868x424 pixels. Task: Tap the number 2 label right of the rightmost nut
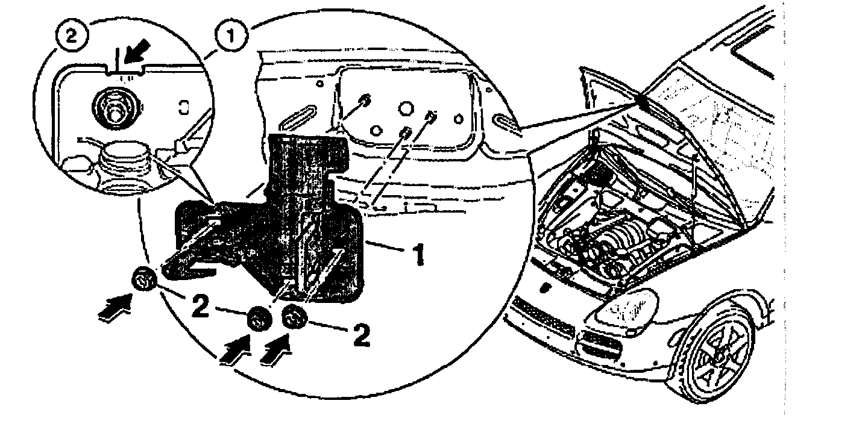360,336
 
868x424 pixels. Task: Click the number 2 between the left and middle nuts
203,307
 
